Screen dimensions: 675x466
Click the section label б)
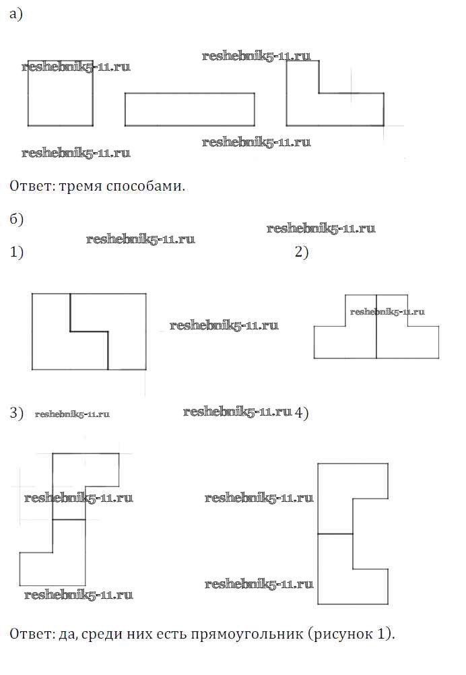click(x=17, y=219)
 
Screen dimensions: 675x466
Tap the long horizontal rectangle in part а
click(x=189, y=109)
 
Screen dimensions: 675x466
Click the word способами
click(x=145, y=185)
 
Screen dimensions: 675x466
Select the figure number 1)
click(x=17, y=253)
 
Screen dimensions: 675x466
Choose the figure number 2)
click(x=301, y=253)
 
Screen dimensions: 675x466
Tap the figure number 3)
click(x=17, y=413)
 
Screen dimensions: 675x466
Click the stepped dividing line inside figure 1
click(x=89, y=331)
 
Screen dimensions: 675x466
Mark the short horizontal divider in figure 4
click(x=335, y=534)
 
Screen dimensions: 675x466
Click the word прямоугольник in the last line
click(x=248, y=635)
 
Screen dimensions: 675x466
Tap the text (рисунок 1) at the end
click(x=356, y=635)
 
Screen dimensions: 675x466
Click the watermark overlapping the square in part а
click(x=76, y=67)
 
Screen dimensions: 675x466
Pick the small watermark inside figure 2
click(x=387, y=311)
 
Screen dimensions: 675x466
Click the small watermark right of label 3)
click(x=72, y=414)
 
